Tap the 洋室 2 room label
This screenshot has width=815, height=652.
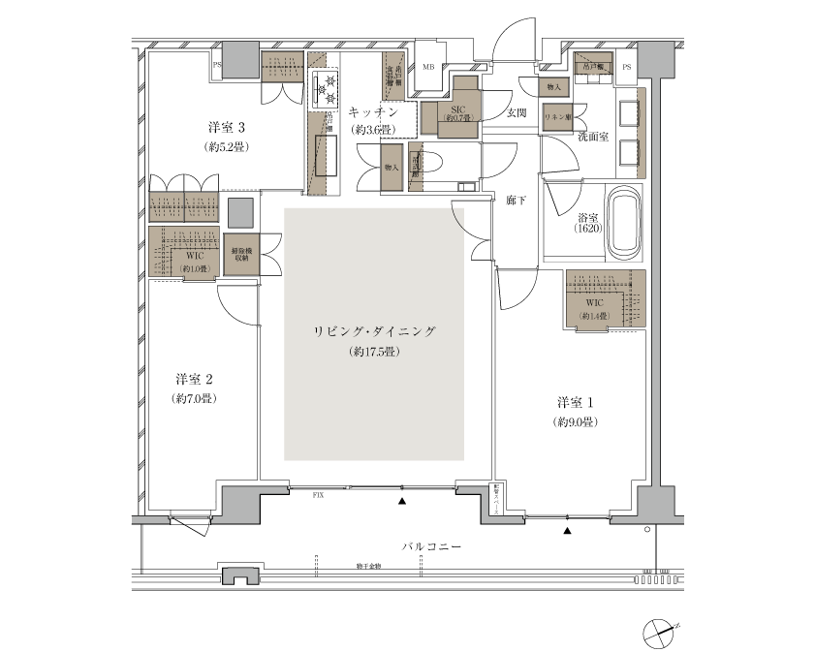[x=194, y=378]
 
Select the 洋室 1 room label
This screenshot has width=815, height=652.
[x=575, y=402]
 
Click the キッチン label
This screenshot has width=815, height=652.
[x=373, y=112]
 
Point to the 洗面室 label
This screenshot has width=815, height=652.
[x=592, y=138]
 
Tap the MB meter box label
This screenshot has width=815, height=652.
[x=427, y=67]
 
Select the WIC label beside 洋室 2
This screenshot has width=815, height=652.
[x=193, y=256]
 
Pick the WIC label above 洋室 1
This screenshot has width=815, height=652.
[x=593, y=303]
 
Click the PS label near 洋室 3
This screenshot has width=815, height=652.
[x=217, y=67]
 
